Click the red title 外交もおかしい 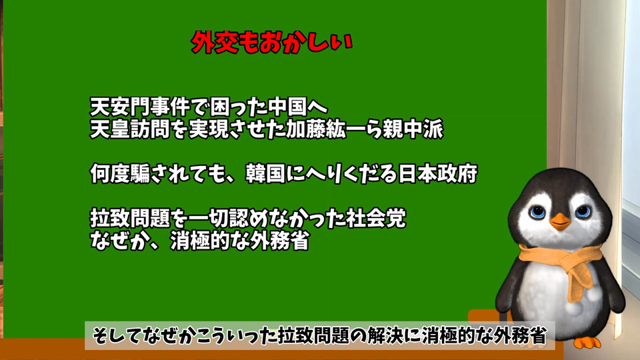coord(271,43)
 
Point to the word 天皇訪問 coord(130,129)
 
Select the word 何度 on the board coord(110,174)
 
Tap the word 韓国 coord(265,174)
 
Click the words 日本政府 coord(437,174)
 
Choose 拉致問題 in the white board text coord(130,219)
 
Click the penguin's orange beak coord(559,221)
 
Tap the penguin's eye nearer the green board coord(537,211)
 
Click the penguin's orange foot coord(588,343)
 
